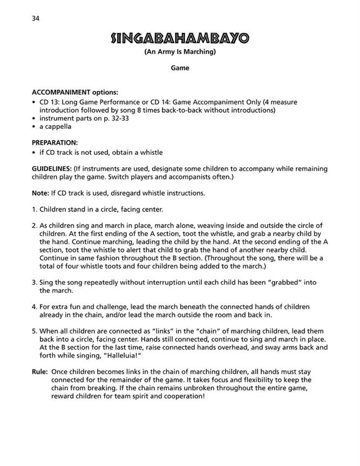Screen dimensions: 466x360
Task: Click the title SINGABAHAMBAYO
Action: [x=180, y=38]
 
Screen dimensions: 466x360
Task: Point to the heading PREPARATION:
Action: [x=55, y=143]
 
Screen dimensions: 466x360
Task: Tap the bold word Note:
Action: [x=41, y=193]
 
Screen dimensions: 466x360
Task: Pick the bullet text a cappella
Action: [x=56, y=126]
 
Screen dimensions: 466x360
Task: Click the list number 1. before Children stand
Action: [x=35, y=209]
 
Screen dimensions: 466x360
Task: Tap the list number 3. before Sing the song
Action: [x=35, y=282]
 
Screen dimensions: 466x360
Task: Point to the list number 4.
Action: [x=35, y=306]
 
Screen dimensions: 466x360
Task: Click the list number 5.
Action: [x=35, y=331]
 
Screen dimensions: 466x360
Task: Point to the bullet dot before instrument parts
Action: [x=34, y=118]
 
